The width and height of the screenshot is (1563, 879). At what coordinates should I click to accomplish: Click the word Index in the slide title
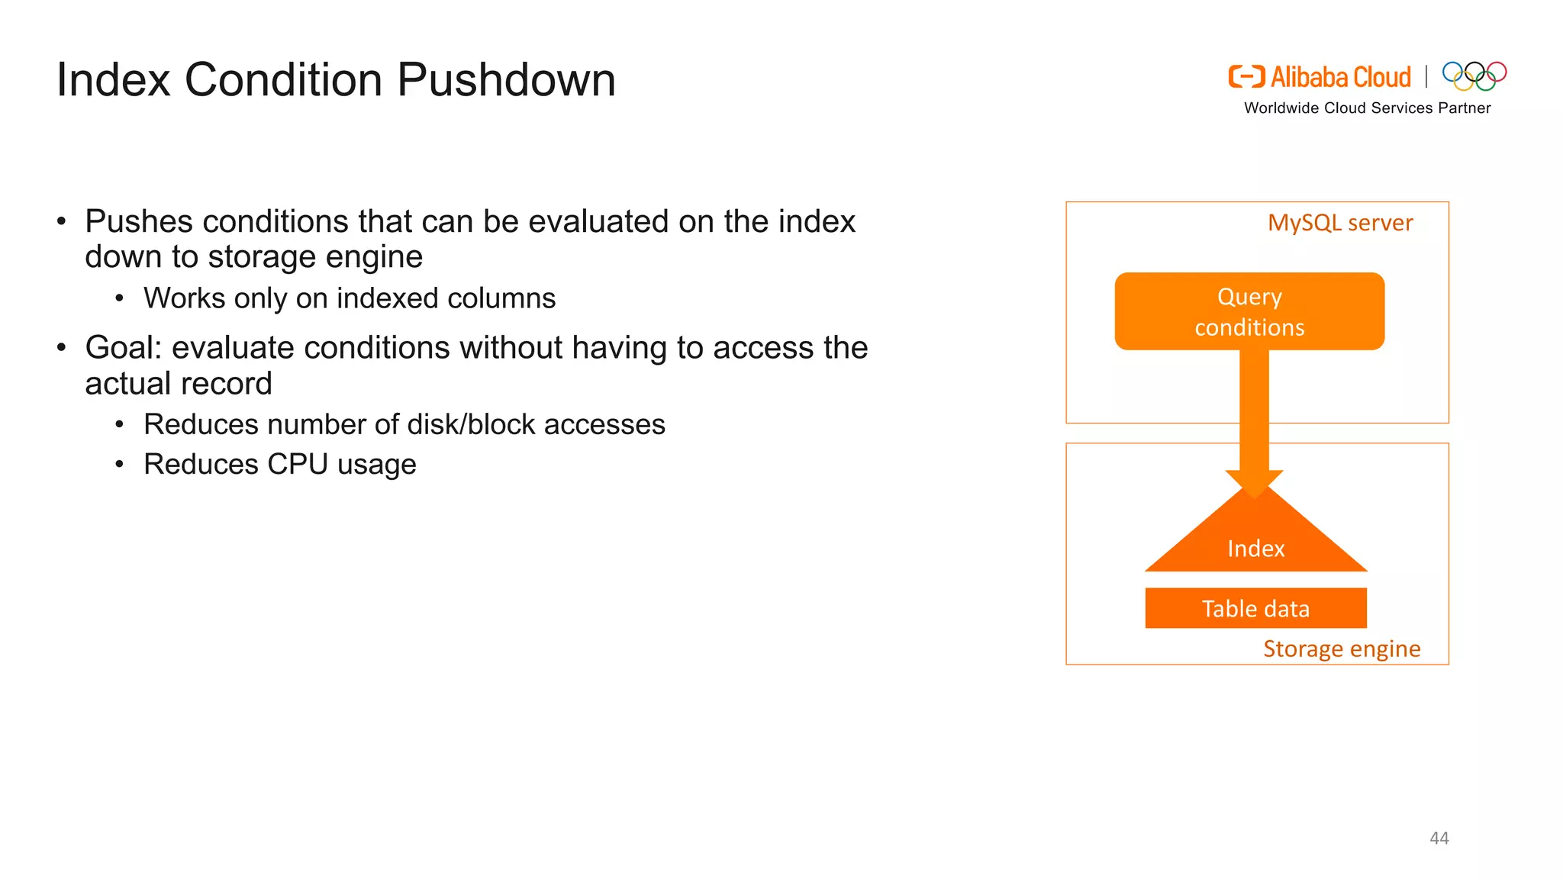click(113, 79)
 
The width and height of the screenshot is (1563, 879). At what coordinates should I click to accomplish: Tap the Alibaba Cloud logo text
click(1340, 77)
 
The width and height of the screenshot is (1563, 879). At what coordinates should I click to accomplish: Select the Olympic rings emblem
click(1474, 76)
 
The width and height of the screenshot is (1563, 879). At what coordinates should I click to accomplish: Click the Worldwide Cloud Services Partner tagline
click(1367, 108)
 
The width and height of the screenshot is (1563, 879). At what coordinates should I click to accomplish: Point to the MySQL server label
click(1339, 223)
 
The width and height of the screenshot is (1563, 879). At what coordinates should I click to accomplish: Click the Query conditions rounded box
click(1249, 311)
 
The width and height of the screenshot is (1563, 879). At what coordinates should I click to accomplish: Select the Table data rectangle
click(1255, 608)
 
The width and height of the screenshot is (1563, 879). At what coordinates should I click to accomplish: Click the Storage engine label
click(1342, 649)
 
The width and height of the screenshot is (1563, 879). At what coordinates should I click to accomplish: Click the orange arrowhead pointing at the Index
click(1254, 484)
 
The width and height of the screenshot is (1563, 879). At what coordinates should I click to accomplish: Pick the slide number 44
click(1439, 838)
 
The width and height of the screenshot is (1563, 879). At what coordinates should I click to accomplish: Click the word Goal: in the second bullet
click(124, 348)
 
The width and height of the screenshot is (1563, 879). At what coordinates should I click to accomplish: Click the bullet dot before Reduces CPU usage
click(119, 464)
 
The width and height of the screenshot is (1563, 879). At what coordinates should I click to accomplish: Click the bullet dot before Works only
click(119, 298)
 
